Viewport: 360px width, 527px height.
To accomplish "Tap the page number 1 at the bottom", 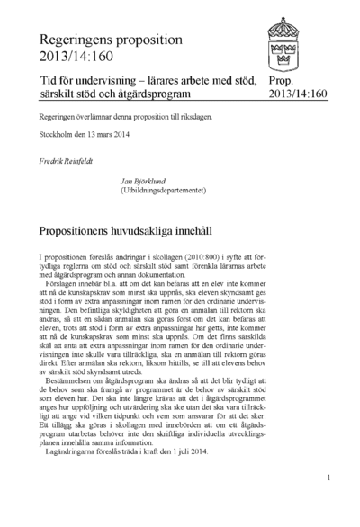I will point(330,478).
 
